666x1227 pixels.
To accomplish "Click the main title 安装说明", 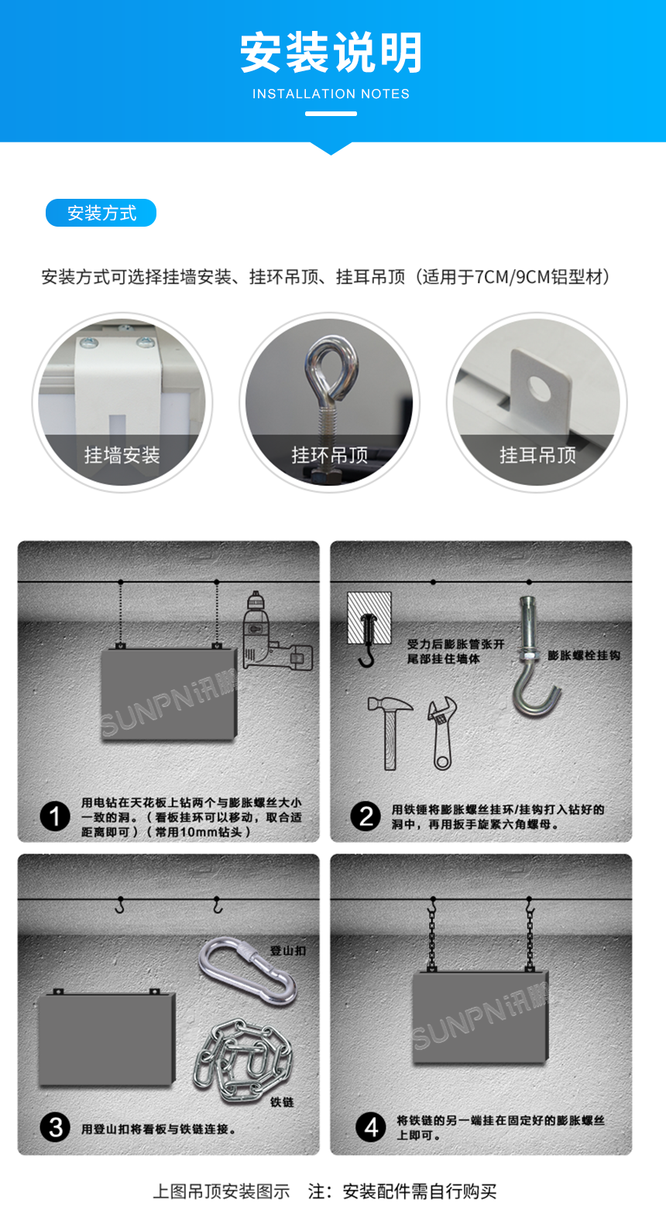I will point(331,53).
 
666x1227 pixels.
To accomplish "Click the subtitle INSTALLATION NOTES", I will point(331,94).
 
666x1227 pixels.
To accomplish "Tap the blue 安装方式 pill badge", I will point(101,213).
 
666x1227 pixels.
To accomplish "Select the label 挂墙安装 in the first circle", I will point(122,455).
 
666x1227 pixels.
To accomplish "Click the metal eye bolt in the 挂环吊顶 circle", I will point(331,379).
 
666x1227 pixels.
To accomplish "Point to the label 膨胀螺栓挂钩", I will point(584,655).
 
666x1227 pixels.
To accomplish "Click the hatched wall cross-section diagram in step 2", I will point(369,619).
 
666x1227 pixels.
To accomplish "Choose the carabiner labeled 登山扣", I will point(248,970).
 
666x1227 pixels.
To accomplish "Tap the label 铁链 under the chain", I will point(282,1102).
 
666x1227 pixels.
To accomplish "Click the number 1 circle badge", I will point(55,816).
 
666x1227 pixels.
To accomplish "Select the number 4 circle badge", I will point(371,1127).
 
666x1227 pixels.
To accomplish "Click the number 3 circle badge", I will point(55,1127).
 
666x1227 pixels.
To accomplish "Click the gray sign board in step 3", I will point(107,1038).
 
